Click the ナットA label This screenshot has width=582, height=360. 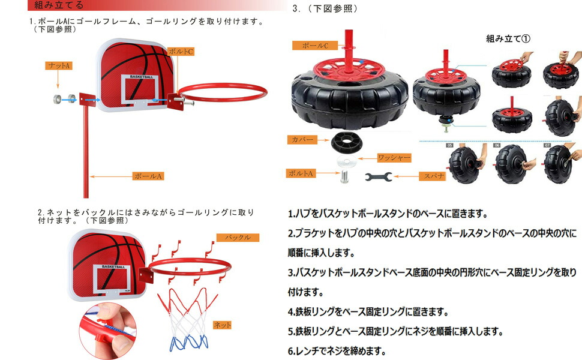pos(59,65)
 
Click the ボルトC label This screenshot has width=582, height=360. pos(181,52)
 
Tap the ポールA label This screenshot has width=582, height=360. pos(148,176)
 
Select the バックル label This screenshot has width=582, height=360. pos(238,238)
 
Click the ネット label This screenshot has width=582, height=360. pos(223,325)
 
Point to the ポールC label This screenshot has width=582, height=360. pos(315,45)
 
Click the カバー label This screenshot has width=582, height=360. pos(302,140)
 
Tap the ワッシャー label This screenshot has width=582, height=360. pos(394,158)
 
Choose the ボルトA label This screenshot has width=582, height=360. pos(301,173)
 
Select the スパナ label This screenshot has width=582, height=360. pos(433,176)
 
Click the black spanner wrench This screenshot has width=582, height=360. pos(378,177)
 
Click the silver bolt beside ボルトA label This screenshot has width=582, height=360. pos(344,176)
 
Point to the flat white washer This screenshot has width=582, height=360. pos(346,161)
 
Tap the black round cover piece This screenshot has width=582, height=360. pos(344,141)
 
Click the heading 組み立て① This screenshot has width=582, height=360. pos(508,38)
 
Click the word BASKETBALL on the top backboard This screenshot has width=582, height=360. pos(142,77)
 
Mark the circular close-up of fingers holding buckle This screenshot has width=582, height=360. pos(107,331)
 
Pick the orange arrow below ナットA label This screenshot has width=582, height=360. pos(58,80)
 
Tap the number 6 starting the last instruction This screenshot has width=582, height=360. pos(290,351)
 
